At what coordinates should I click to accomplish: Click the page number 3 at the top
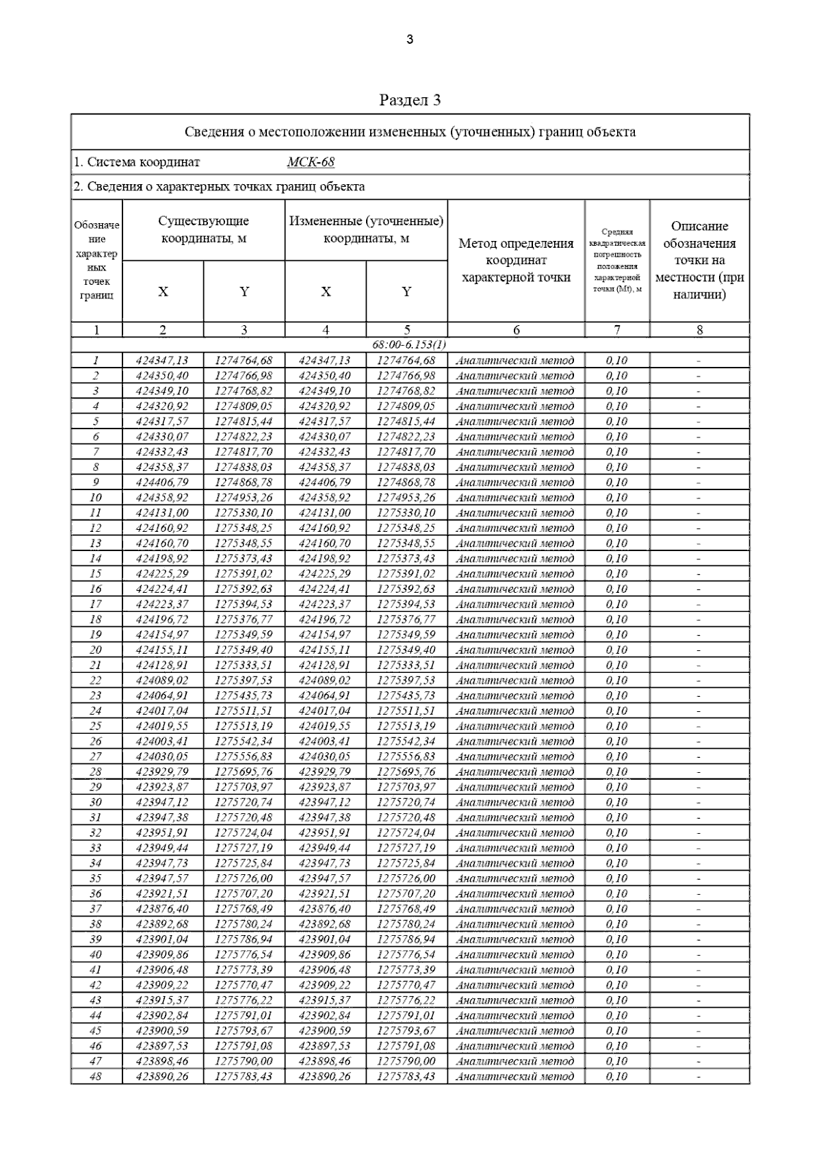point(410,40)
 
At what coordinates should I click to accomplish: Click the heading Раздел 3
point(410,100)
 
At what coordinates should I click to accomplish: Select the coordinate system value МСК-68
point(311,162)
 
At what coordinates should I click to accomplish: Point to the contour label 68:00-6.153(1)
point(409,344)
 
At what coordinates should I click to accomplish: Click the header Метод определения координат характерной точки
point(516,260)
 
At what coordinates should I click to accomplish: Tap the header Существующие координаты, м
point(203,230)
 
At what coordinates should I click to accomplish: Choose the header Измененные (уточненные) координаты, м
point(366,230)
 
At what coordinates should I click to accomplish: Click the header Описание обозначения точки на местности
point(699,260)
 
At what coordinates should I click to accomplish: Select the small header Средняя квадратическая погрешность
point(616,260)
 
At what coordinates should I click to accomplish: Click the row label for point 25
point(96,726)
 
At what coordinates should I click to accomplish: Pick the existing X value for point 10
point(162,498)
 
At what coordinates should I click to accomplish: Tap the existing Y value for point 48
point(244,1077)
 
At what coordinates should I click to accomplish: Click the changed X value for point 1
point(325,360)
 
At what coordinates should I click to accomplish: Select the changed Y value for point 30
point(406,802)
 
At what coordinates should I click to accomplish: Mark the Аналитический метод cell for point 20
point(515,650)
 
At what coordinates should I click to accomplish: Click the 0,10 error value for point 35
point(616,879)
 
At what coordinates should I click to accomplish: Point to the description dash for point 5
point(699,422)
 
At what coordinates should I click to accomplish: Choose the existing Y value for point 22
point(244,680)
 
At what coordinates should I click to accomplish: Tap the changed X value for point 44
point(325,1016)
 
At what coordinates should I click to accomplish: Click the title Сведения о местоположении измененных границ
point(410,132)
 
